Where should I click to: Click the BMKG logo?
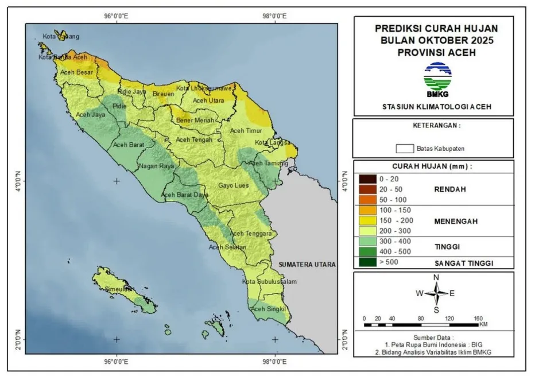[437, 80]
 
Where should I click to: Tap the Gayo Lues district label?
[232, 186]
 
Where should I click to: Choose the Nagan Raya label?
[156, 166]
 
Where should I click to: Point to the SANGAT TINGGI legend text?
[465, 263]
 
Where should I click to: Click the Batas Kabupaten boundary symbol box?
[405, 148]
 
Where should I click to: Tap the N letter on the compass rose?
[436, 277]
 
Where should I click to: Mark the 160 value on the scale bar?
[478, 318]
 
